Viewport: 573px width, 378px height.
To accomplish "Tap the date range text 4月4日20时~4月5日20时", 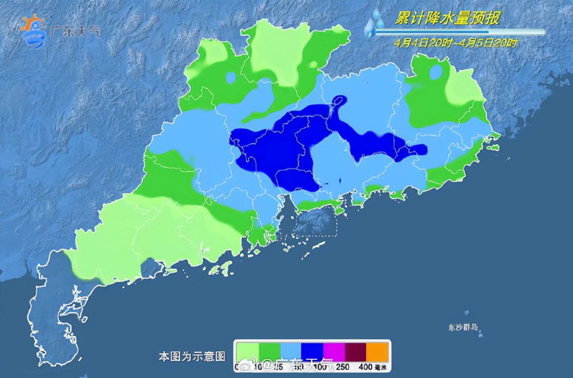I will point(456,43).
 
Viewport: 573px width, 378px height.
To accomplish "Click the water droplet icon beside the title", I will point(374,24).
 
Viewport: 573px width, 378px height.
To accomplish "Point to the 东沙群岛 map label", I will point(463,327).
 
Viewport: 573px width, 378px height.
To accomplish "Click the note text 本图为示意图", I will point(192,356).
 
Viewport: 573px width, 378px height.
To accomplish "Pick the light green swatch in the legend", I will point(247,352).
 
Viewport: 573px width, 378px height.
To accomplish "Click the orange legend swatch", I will point(377,352).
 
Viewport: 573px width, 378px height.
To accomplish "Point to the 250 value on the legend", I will point(343,367).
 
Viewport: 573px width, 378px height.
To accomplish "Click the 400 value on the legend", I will point(365,367).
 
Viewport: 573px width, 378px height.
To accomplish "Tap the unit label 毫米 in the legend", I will point(380,367).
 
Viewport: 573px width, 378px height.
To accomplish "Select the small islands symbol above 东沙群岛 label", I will point(467,313).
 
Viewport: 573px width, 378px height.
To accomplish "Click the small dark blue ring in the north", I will point(339,100).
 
